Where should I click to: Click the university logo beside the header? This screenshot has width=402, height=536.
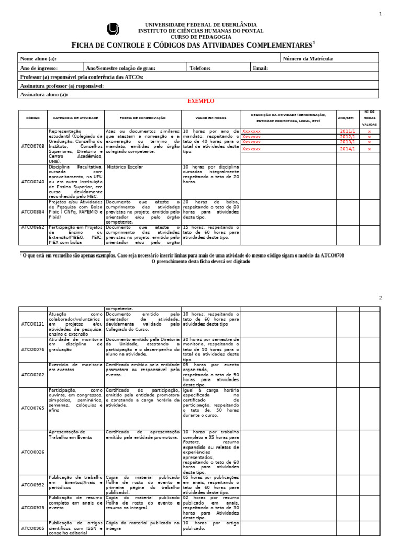click(113, 29)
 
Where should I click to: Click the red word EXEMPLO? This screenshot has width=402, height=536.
click(200, 101)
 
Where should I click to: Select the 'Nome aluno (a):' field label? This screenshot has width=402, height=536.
click(38, 59)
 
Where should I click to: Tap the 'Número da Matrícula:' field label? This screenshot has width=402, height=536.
click(308, 59)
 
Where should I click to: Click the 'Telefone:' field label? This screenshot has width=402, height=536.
click(200, 68)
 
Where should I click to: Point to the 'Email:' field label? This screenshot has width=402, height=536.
click(260, 68)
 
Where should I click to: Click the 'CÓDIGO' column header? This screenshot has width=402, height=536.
click(33, 118)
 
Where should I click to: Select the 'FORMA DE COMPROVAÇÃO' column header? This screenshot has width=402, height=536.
click(142, 118)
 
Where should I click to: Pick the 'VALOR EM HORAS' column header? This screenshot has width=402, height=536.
click(210, 118)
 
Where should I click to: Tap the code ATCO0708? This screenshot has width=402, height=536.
click(33, 146)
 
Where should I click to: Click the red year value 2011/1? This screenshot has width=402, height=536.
click(348, 131)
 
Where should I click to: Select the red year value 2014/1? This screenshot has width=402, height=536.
click(348, 149)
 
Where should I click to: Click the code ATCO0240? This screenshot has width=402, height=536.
click(33, 182)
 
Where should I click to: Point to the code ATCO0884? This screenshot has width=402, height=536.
click(33, 212)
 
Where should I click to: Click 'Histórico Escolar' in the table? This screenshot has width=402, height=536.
click(125, 167)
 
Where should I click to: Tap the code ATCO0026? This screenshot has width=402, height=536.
click(33, 452)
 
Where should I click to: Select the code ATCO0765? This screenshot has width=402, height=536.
click(33, 408)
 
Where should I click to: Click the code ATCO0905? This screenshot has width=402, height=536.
click(33, 528)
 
